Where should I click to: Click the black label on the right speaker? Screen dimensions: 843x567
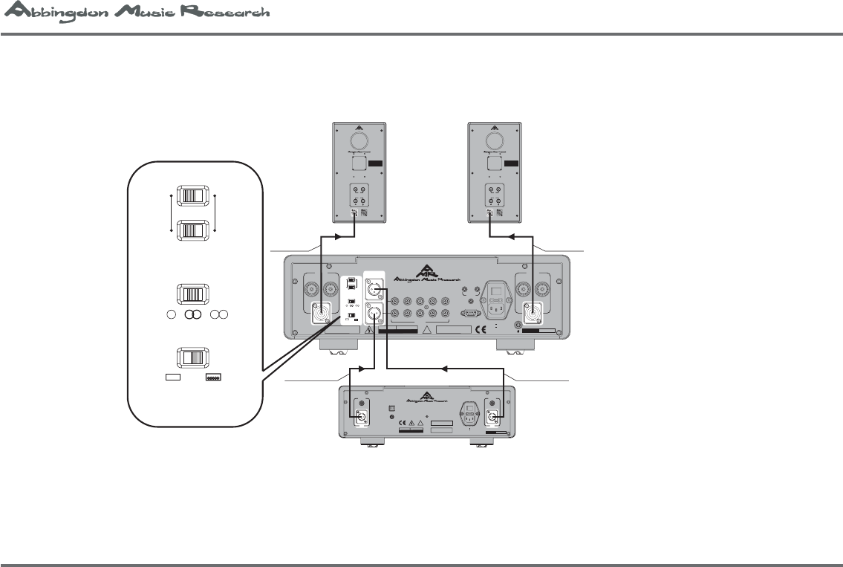tap(512, 163)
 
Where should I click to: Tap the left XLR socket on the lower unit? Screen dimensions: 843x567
tap(362, 416)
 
